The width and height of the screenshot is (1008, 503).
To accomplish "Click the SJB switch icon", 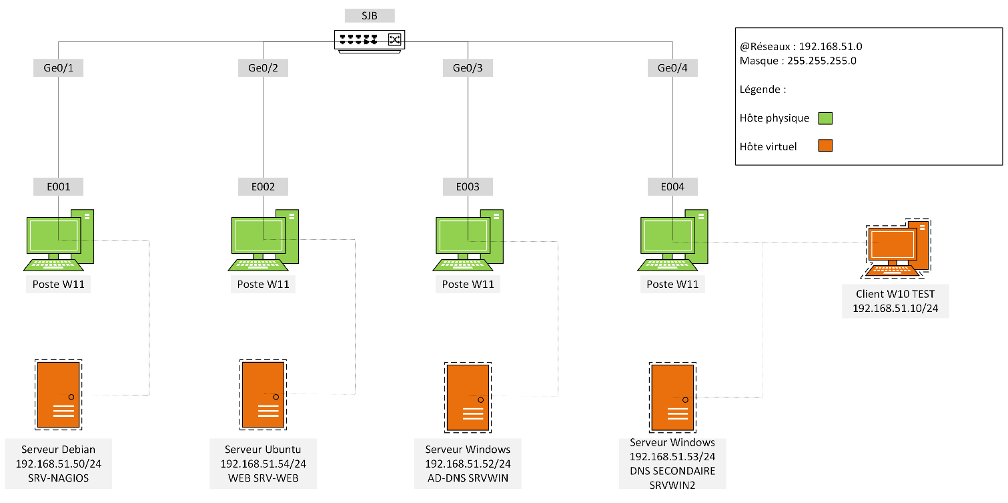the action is [x=370, y=41].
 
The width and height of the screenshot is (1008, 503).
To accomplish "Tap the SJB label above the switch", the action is [x=370, y=16].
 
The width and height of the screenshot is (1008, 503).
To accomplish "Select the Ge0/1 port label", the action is [x=58, y=68].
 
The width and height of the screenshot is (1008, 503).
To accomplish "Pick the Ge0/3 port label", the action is [x=468, y=68].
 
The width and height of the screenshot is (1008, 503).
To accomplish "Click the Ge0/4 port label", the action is [x=672, y=68].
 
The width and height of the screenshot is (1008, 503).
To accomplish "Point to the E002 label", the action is [x=263, y=186].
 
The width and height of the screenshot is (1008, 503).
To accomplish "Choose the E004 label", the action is [x=672, y=186].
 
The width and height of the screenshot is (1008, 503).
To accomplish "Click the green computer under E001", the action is [x=59, y=240].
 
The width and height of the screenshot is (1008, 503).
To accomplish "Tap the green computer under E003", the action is [x=468, y=240].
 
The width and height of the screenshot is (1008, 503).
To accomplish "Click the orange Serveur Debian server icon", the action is [x=59, y=395].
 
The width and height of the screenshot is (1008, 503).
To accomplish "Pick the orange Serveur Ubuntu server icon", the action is [x=264, y=395].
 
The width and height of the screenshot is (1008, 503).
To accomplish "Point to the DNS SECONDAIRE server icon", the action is [x=672, y=397].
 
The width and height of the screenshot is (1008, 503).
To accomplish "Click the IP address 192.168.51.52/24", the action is [x=468, y=464].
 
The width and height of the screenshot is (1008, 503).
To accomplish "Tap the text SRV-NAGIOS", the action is [x=59, y=478].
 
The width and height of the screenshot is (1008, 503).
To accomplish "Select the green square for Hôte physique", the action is [x=825, y=118].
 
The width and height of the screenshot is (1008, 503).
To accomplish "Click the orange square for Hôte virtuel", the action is [x=825, y=146].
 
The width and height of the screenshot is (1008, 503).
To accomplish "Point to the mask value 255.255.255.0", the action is [x=822, y=61].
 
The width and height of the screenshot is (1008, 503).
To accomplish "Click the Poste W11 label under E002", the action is [x=264, y=285].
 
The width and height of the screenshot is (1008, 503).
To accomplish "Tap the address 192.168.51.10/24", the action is [x=895, y=309].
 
